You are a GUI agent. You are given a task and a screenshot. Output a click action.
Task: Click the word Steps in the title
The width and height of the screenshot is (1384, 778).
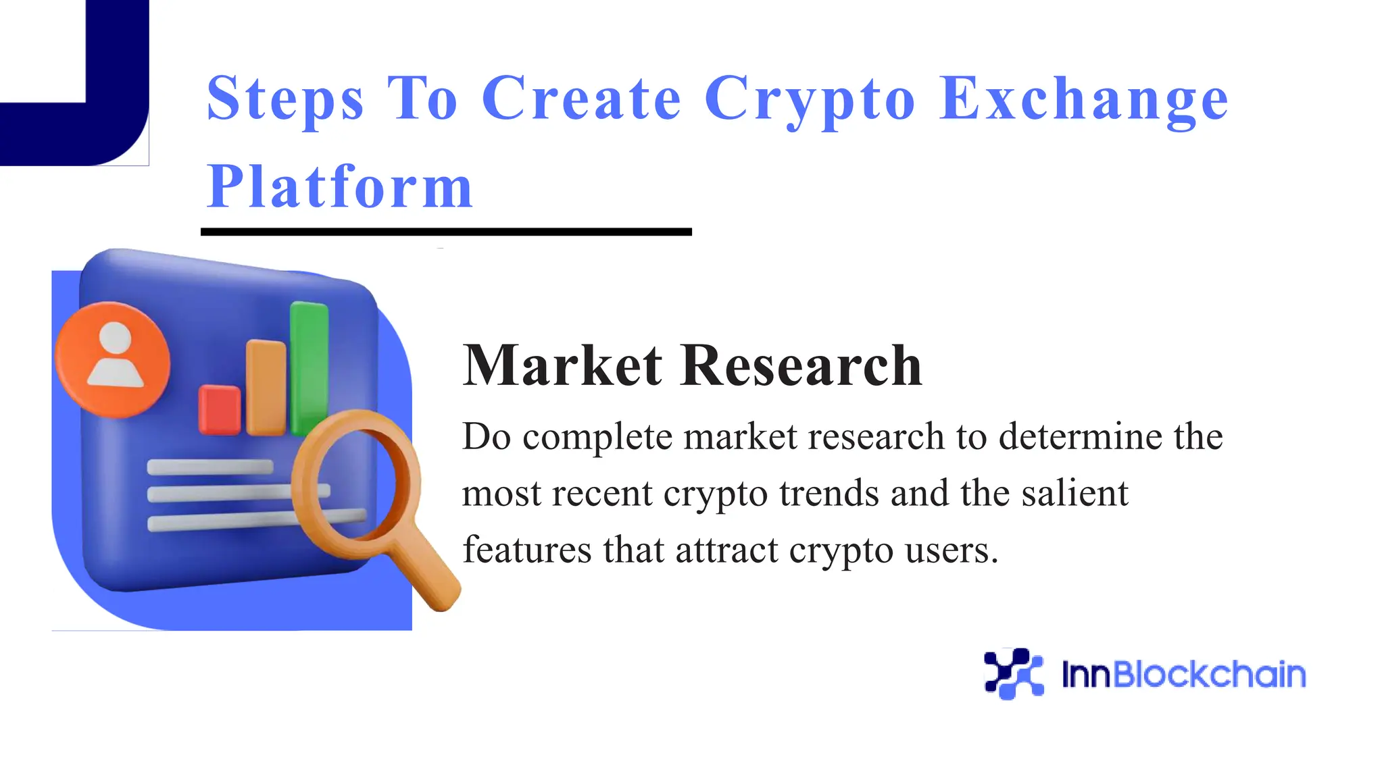click(285, 100)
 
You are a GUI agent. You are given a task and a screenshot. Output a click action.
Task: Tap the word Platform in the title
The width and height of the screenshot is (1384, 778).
click(339, 187)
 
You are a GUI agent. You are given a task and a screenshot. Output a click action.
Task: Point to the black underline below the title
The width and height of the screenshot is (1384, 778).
click(446, 232)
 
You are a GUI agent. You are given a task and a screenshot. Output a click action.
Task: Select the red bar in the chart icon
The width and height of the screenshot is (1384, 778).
click(219, 409)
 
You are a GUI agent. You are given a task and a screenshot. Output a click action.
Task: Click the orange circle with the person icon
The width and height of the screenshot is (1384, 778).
click(113, 359)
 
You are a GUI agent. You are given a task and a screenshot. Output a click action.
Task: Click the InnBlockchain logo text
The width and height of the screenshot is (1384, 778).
click(1183, 674)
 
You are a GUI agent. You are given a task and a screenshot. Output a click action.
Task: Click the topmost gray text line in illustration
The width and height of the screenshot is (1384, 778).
click(210, 467)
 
